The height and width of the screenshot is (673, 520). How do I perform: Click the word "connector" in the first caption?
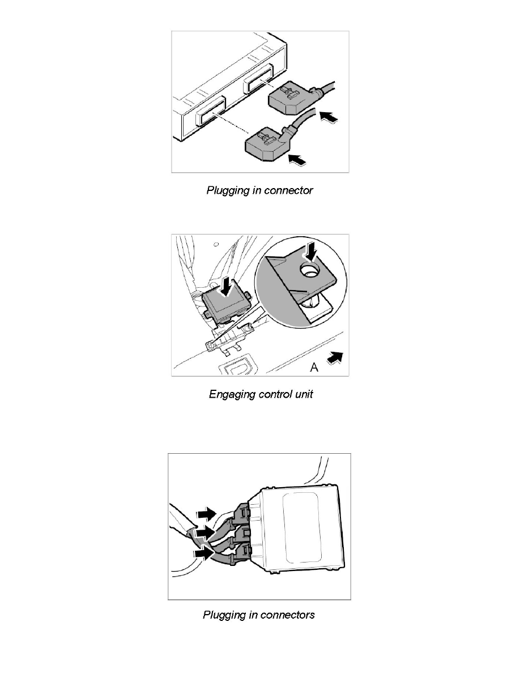pos(289,191)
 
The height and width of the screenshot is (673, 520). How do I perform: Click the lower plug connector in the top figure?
pos(264,144)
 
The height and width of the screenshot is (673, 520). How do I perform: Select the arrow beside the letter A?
pos(334,358)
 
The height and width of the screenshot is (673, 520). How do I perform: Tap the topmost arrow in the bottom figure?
pos(206,513)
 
